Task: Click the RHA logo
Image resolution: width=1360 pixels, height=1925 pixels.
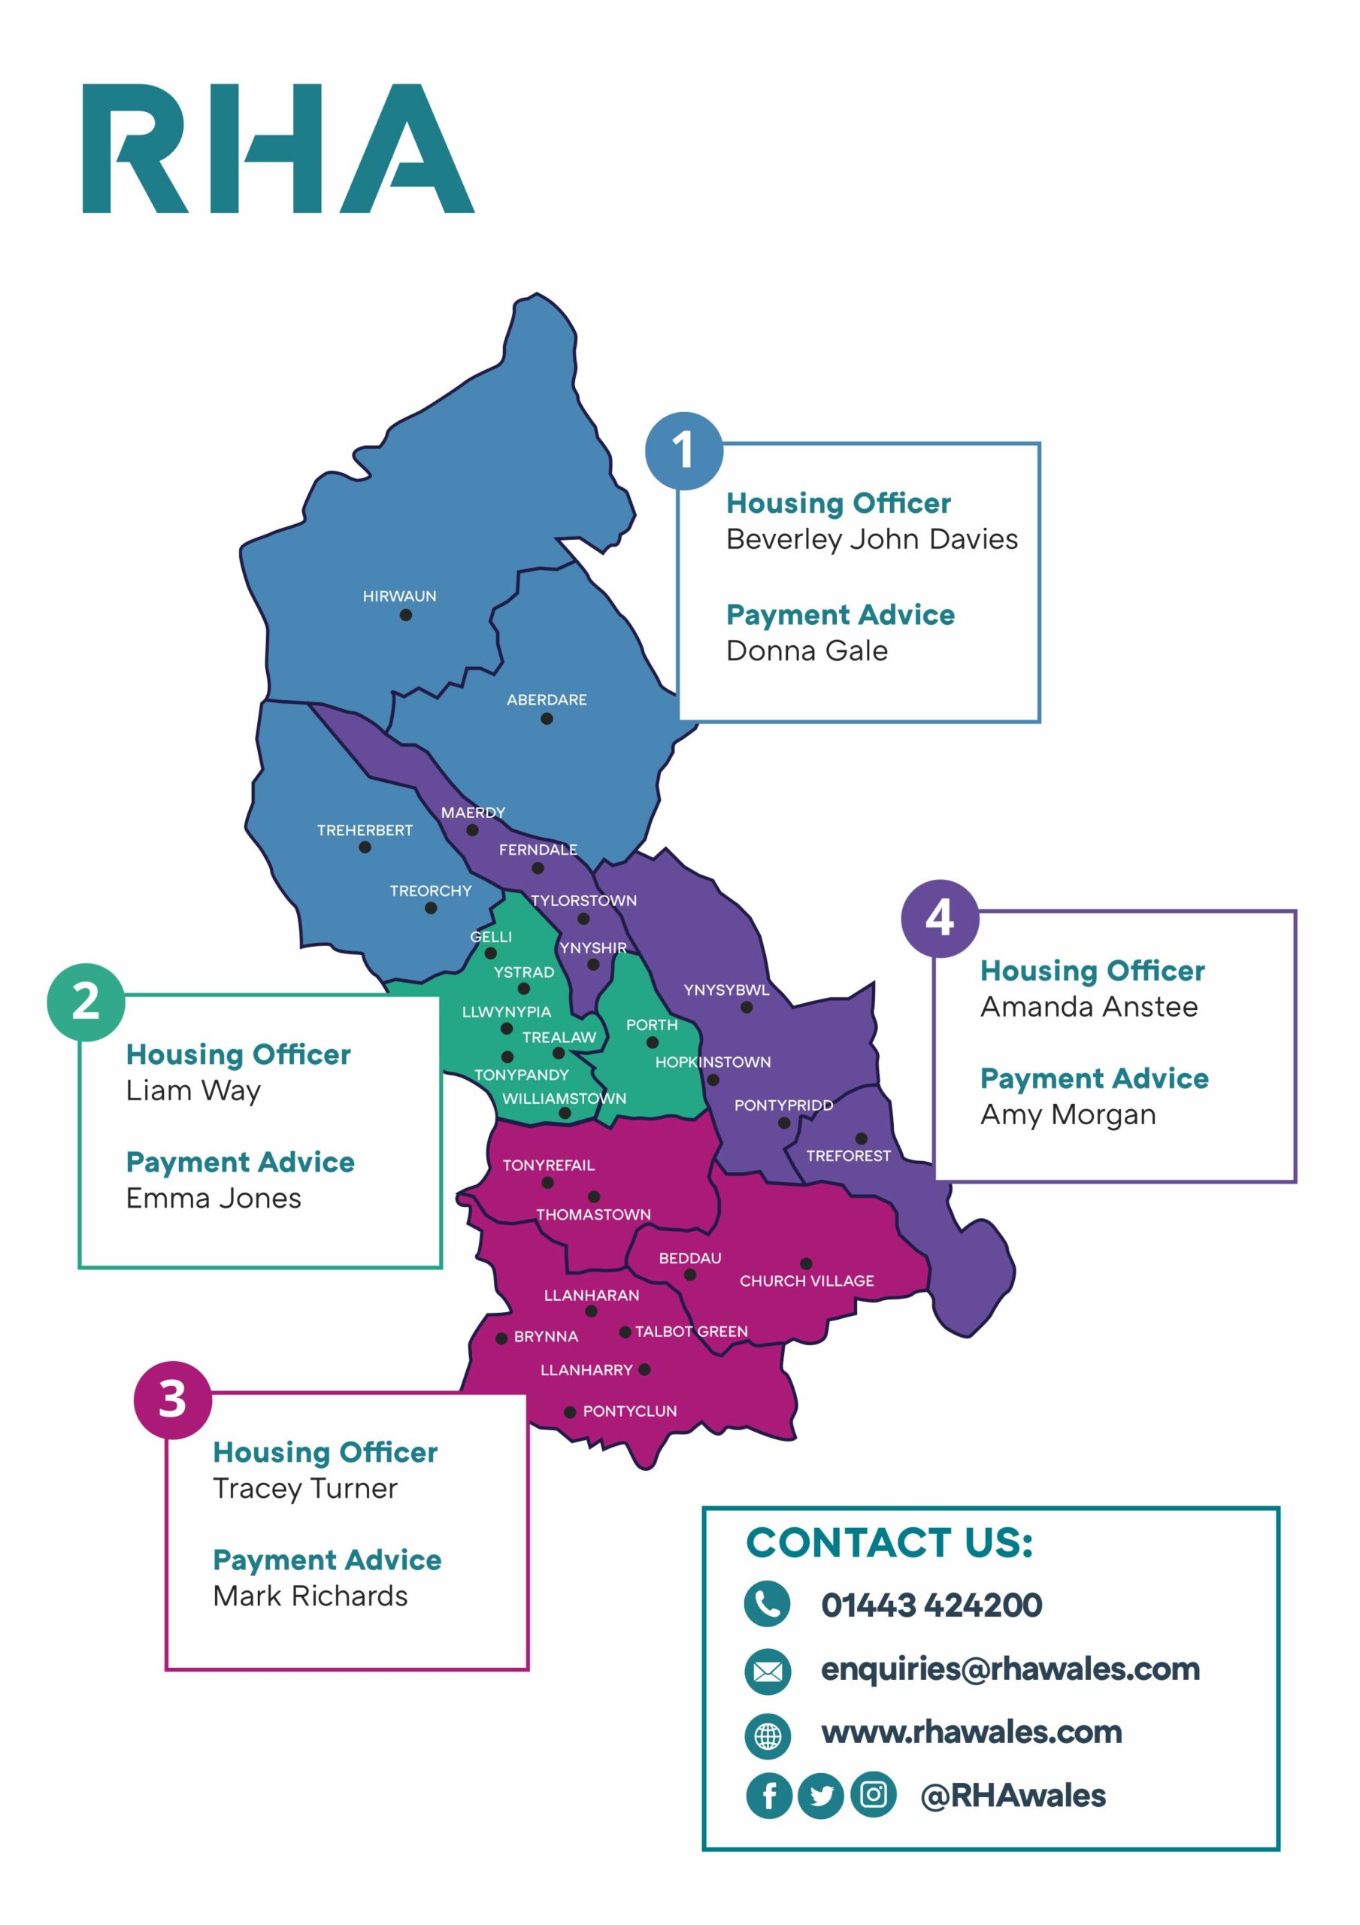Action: tap(277, 148)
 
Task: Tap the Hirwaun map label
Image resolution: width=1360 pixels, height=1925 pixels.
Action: tap(399, 596)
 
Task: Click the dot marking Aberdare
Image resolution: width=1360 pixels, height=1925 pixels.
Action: tap(547, 719)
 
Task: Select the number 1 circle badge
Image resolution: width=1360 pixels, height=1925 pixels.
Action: tap(683, 450)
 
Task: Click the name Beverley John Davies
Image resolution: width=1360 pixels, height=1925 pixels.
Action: tap(871, 539)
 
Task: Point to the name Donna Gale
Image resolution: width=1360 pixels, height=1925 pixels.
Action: tap(807, 650)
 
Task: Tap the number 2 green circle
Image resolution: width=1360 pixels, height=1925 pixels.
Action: tap(86, 1002)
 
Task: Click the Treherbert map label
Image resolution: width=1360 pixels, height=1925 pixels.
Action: tap(365, 830)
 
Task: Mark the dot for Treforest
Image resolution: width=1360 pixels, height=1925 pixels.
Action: tap(861, 1138)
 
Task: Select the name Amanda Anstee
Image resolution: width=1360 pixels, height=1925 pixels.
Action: tap(1089, 1006)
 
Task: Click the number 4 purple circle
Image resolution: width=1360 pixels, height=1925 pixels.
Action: tap(939, 918)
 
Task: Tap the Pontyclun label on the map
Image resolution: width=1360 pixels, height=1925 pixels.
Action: tap(630, 1411)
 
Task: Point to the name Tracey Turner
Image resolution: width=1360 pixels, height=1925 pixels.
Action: tap(305, 1488)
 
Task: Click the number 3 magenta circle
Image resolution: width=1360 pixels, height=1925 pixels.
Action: tap(172, 1399)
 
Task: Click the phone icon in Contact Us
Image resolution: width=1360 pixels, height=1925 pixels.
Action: tap(766, 1604)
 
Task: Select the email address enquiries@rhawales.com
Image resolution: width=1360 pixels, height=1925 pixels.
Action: tap(1010, 1669)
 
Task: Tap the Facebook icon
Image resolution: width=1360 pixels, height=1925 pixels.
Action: tap(768, 1795)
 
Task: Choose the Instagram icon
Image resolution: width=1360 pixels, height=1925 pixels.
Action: tap(873, 1794)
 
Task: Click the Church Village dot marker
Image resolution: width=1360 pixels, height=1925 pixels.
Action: tap(806, 1263)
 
